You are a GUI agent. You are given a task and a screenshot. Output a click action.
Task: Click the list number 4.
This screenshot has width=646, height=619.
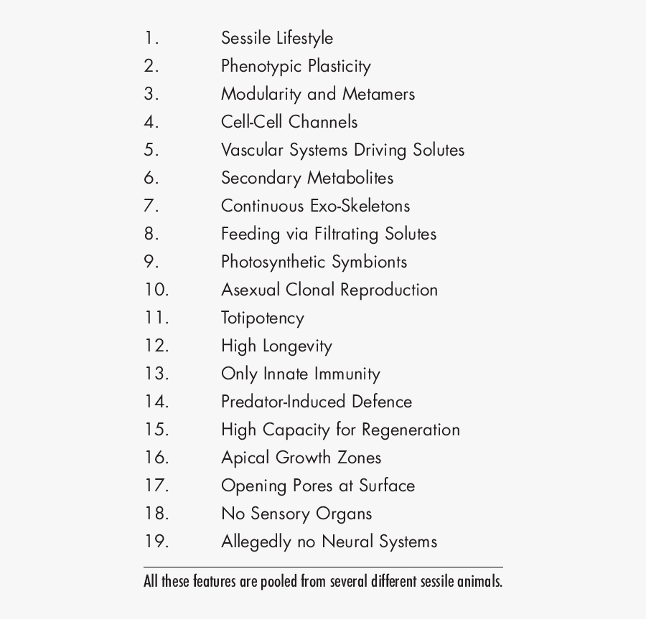[151, 122]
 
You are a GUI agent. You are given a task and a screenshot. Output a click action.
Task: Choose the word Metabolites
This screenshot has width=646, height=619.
[350, 178]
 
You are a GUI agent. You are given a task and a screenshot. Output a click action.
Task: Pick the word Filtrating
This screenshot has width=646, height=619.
[346, 234]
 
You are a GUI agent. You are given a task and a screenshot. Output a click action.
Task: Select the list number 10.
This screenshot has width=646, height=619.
[156, 290]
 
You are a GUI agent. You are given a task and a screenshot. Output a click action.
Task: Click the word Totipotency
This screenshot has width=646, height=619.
[263, 318]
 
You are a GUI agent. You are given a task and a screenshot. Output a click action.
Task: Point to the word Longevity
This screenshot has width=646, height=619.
[296, 346]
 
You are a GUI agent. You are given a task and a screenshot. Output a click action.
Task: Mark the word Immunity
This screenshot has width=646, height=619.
[347, 374]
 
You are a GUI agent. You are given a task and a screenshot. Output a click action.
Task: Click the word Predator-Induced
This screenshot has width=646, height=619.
[284, 402]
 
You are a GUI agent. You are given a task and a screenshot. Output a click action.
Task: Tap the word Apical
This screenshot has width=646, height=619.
[245, 458]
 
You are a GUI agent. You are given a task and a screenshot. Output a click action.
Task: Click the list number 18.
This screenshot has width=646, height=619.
[156, 514]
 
